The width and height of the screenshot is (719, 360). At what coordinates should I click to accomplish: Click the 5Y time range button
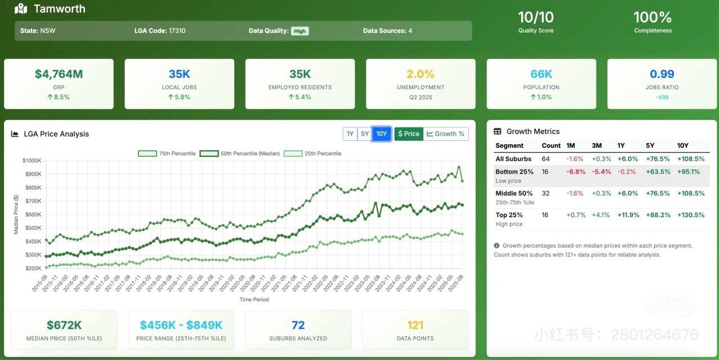click(365, 134)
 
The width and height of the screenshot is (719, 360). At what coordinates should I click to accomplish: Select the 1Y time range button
click(350, 134)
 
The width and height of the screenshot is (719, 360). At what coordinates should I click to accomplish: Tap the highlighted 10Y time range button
click(381, 134)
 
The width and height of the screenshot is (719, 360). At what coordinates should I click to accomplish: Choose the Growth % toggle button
click(446, 134)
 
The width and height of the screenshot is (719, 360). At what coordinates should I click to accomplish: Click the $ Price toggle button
click(408, 134)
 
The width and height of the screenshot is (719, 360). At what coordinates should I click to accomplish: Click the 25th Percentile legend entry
click(312, 153)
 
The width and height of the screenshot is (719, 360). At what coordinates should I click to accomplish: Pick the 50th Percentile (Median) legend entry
click(240, 153)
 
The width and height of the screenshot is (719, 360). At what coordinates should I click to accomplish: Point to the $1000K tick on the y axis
click(32, 161)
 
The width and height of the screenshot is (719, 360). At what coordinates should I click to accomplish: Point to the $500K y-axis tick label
click(33, 228)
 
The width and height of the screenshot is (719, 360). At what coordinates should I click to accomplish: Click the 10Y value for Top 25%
click(691, 215)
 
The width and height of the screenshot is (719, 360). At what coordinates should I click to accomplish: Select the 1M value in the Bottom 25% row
click(576, 172)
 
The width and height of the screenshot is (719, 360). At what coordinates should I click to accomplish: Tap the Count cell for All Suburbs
click(545, 159)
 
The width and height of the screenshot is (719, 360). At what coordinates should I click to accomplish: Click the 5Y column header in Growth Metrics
click(650, 145)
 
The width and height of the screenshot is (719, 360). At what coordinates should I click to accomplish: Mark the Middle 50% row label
click(514, 193)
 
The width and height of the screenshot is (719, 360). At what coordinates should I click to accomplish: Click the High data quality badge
click(300, 31)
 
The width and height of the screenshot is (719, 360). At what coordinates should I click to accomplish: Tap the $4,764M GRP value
click(59, 74)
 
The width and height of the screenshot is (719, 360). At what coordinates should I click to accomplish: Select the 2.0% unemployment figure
click(421, 74)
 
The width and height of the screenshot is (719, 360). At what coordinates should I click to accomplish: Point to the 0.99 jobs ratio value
click(662, 74)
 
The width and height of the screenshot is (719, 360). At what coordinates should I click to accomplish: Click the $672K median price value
click(64, 325)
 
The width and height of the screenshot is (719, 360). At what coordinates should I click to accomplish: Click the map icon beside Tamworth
click(21, 8)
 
